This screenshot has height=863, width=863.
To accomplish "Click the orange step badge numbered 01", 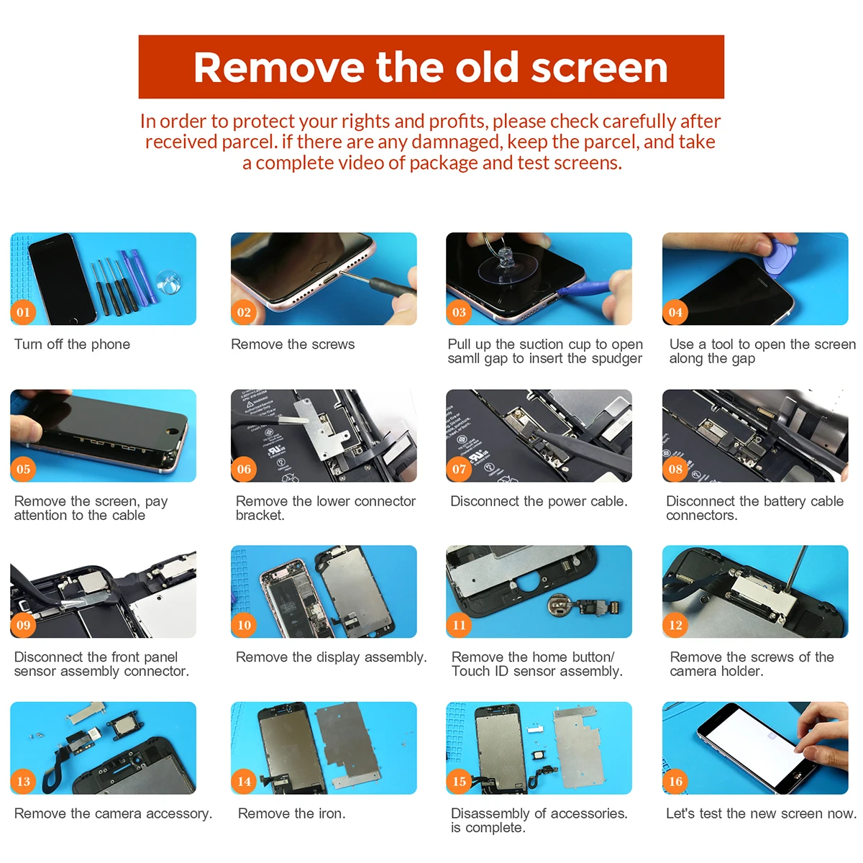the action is [23, 311].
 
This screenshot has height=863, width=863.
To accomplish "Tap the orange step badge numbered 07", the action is [459, 469].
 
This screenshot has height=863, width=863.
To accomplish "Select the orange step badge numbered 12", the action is [675, 625].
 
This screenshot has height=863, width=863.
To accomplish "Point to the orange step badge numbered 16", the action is [675, 782].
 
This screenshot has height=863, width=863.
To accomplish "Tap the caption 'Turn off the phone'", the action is [72, 344].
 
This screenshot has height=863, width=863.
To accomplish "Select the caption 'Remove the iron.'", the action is [291, 813].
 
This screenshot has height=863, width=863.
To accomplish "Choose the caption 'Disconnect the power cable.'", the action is [539, 501].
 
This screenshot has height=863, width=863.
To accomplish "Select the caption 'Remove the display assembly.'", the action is [332, 657].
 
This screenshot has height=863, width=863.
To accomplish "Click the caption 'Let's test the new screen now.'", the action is [761, 813].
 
